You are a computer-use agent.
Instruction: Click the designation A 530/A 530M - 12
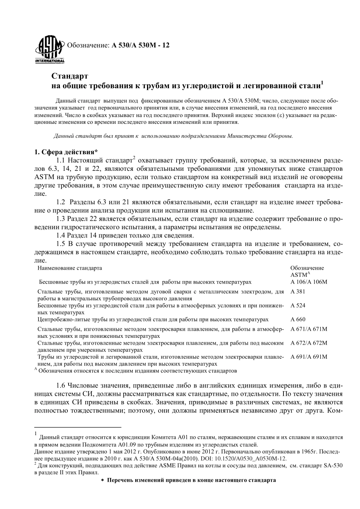(x=141, y=45)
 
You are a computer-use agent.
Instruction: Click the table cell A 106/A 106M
(x=308, y=282)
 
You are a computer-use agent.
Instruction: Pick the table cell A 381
(x=298, y=292)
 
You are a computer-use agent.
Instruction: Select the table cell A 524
(x=298, y=305)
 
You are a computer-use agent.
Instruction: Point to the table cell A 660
(x=298, y=319)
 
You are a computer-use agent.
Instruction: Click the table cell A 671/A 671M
(x=308, y=329)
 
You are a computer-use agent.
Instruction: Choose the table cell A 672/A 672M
(x=308, y=343)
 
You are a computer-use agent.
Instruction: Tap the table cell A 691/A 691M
(x=308, y=357)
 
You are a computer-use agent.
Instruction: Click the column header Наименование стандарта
(x=70, y=268)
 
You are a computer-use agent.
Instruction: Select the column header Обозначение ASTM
(x=307, y=271)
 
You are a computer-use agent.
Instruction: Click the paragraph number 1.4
(x=61, y=235)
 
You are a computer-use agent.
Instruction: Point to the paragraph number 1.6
(x=61, y=386)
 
